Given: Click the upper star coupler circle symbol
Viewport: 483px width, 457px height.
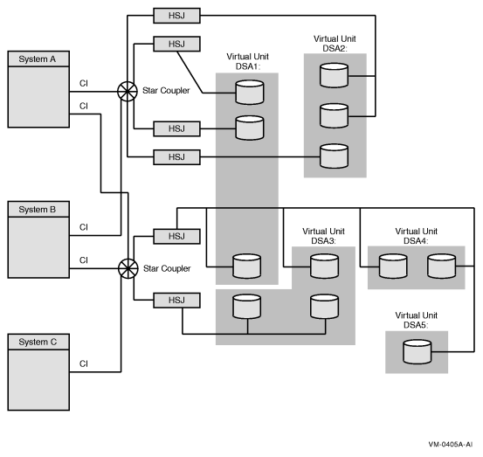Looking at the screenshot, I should point(128,90).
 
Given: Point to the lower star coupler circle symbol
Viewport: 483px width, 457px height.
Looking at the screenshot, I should point(128,266).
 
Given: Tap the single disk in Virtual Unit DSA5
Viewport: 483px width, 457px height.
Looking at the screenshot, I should point(413,353).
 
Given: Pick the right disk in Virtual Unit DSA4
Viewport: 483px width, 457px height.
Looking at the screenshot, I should point(440,267).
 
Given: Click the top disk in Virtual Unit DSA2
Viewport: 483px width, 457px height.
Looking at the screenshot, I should point(333,75).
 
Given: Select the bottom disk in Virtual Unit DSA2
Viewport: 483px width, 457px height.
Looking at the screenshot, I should point(333,156).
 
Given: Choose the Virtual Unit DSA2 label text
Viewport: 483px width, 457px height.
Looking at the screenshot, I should point(335,44).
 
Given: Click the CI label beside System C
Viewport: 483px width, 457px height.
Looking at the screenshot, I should point(84,364).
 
